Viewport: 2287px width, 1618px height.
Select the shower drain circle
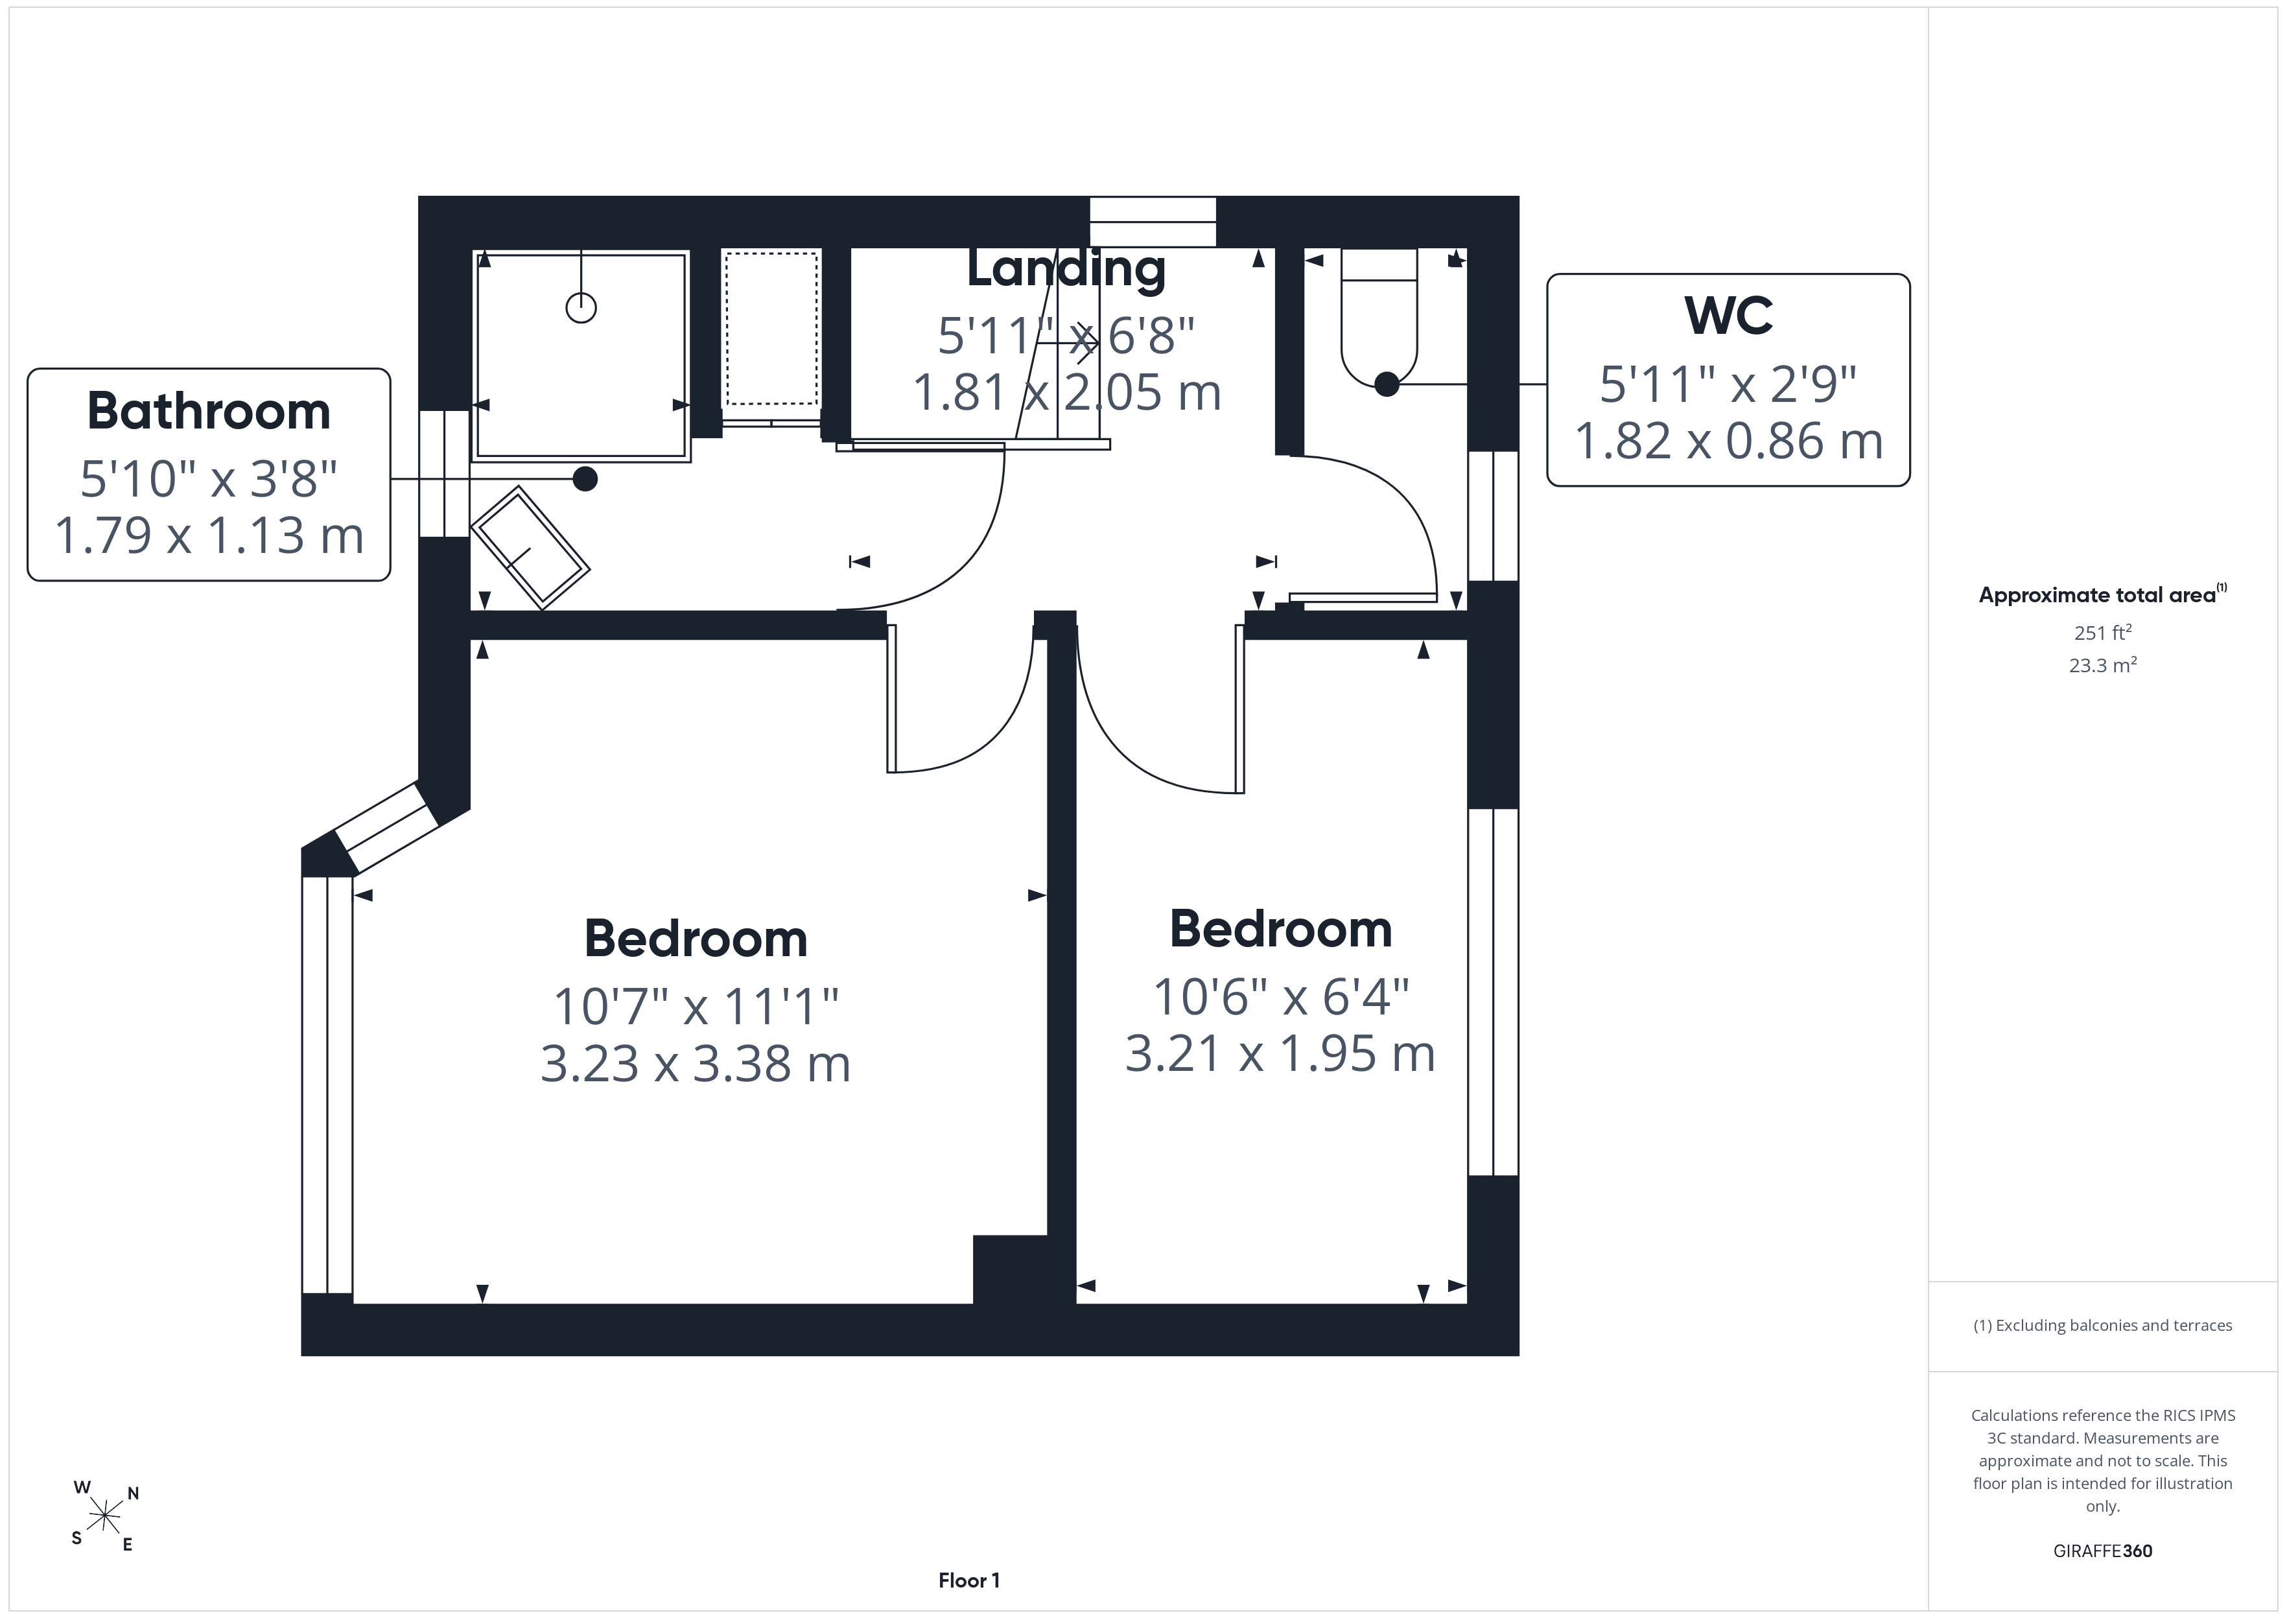coord(581,308)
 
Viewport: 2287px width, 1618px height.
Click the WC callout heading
coord(1728,316)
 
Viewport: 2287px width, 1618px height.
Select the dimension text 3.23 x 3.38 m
coord(696,1064)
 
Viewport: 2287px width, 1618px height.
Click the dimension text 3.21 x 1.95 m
coord(1280,1054)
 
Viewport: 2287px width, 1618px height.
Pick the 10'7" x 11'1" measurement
coord(696,1006)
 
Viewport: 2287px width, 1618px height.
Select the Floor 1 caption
coord(968,1580)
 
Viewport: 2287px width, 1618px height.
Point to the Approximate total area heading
coord(2102,595)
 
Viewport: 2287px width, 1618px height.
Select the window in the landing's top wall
coord(1153,221)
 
